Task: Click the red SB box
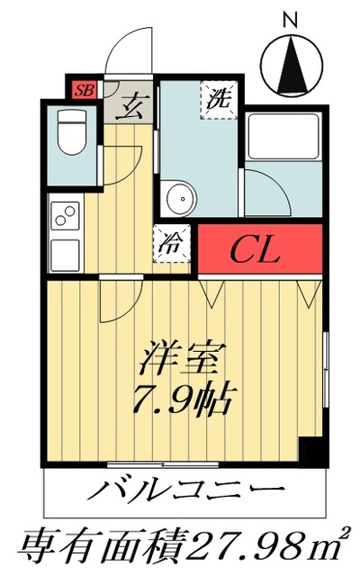pyautogui.click(x=85, y=89)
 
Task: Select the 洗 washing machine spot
pyautogui.click(x=219, y=99)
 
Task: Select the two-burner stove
pyautogui.click(x=66, y=216)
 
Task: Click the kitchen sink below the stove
pyautogui.click(x=66, y=254)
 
